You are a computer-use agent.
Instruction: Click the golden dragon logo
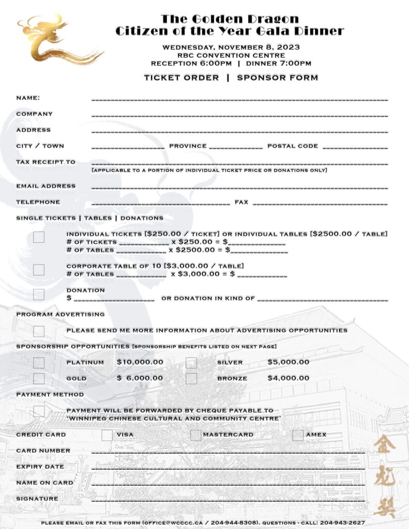(x=57, y=40)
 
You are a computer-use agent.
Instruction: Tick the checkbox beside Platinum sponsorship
(x=39, y=363)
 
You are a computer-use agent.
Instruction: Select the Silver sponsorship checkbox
(x=191, y=363)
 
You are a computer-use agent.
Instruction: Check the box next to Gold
(x=39, y=379)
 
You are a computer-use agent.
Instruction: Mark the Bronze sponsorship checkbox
(x=191, y=379)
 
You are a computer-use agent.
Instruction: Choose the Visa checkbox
(x=107, y=435)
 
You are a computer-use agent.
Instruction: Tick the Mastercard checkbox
(x=195, y=435)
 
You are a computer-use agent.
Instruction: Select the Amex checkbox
(x=297, y=435)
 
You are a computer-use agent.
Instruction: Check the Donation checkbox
(x=39, y=294)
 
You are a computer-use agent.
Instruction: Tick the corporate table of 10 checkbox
(x=39, y=270)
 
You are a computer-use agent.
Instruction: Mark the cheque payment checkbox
(x=39, y=411)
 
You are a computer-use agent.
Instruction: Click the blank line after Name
(x=239, y=98)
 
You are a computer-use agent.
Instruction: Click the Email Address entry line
(x=239, y=186)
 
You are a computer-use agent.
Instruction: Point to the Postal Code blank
(x=355, y=147)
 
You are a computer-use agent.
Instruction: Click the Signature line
(x=228, y=500)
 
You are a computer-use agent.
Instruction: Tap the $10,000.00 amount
(x=140, y=362)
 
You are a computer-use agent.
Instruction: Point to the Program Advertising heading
(x=60, y=314)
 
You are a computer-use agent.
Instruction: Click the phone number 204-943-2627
(x=342, y=523)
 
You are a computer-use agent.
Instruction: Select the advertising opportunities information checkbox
(x=39, y=331)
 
